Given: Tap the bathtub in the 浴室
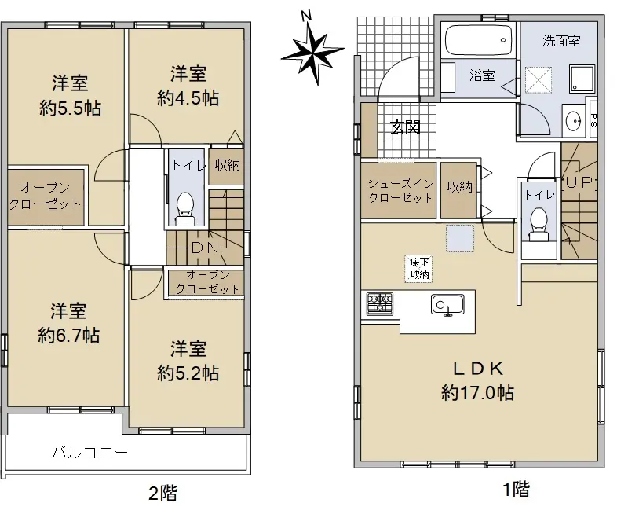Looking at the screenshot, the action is [x=479, y=40].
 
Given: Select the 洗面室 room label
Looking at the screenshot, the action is [x=561, y=41].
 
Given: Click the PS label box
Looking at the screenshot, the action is [x=593, y=119].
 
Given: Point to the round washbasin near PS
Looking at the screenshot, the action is [x=574, y=120].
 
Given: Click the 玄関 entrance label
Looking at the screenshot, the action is [x=405, y=127].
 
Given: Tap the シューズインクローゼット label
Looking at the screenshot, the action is [x=401, y=191].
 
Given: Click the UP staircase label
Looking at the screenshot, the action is [x=579, y=182].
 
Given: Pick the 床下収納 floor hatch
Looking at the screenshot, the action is [x=419, y=269].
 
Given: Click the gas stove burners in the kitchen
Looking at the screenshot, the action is [x=379, y=304].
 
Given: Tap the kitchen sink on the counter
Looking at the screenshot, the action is [x=447, y=305].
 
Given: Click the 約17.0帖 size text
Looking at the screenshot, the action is [x=478, y=393].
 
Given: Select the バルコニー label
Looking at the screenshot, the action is [x=90, y=453].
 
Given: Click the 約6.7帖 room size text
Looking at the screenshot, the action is [x=69, y=336].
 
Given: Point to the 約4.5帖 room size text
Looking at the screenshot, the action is [x=188, y=98].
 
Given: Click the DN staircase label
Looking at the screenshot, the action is [x=205, y=248].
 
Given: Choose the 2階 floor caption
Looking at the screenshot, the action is [x=163, y=493].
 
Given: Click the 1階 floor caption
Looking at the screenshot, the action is [x=517, y=489].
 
